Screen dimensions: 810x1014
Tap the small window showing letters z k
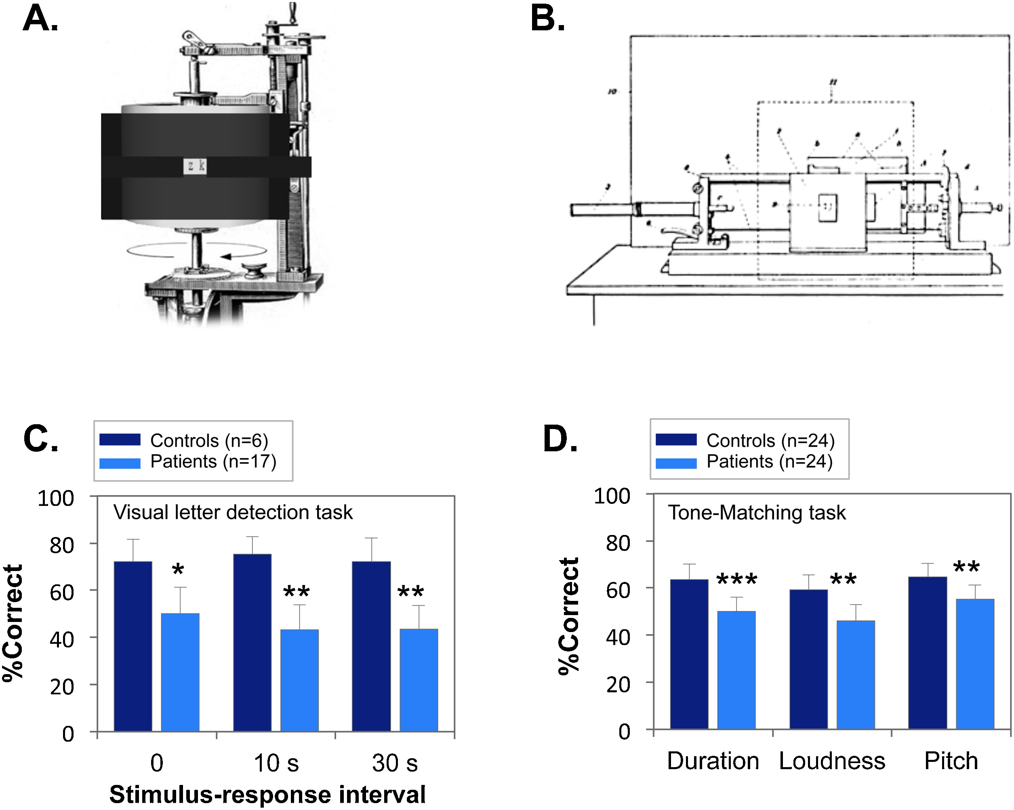pyautogui.click(x=195, y=166)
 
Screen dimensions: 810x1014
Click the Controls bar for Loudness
pyautogui.click(x=808, y=659)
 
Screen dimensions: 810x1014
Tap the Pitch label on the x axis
pyautogui.click(x=951, y=761)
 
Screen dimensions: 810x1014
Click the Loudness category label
pyautogui.click(x=831, y=761)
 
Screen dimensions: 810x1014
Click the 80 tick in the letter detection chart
pyautogui.click(x=62, y=546)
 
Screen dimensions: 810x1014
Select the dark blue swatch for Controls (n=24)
pyautogui.click(x=676, y=440)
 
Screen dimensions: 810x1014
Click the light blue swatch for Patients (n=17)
pyautogui.click(x=120, y=463)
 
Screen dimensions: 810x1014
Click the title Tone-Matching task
pyautogui.click(x=757, y=512)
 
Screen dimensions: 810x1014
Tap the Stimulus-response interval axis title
pyautogui.click(x=267, y=795)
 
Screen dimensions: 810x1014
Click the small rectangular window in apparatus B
pyautogui.click(x=827, y=207)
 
